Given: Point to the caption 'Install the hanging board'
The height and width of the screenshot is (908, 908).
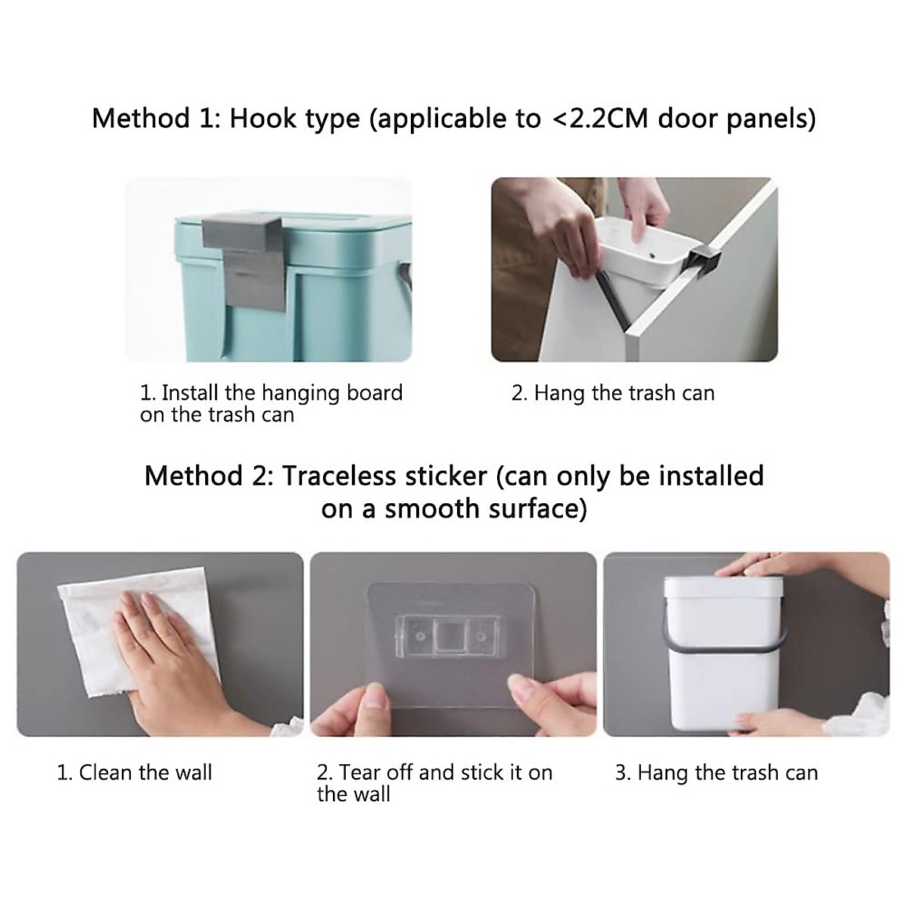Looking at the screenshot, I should click(x=281, y=393).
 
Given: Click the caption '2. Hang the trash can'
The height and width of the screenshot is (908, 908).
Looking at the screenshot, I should click(x=613, y=393).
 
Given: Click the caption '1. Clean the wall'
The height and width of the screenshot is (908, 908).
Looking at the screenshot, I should click(x=135, y=773).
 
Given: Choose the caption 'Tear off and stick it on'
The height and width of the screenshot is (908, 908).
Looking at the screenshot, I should click(x=434, y=773).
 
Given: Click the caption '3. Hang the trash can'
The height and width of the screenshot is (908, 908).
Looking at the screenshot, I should click(x=716, y=773).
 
